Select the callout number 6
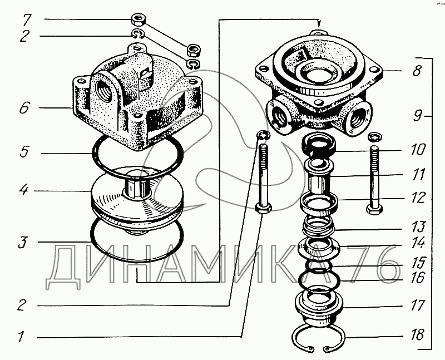tap(24, 108)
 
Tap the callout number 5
tap(24, 152)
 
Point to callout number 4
tap(24, 189)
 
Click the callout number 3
tap(23, 242)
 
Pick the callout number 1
tap(21, 337)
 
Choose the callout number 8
tap(417, 71)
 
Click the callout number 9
tap(417, 116)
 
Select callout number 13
tap(418, 226)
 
